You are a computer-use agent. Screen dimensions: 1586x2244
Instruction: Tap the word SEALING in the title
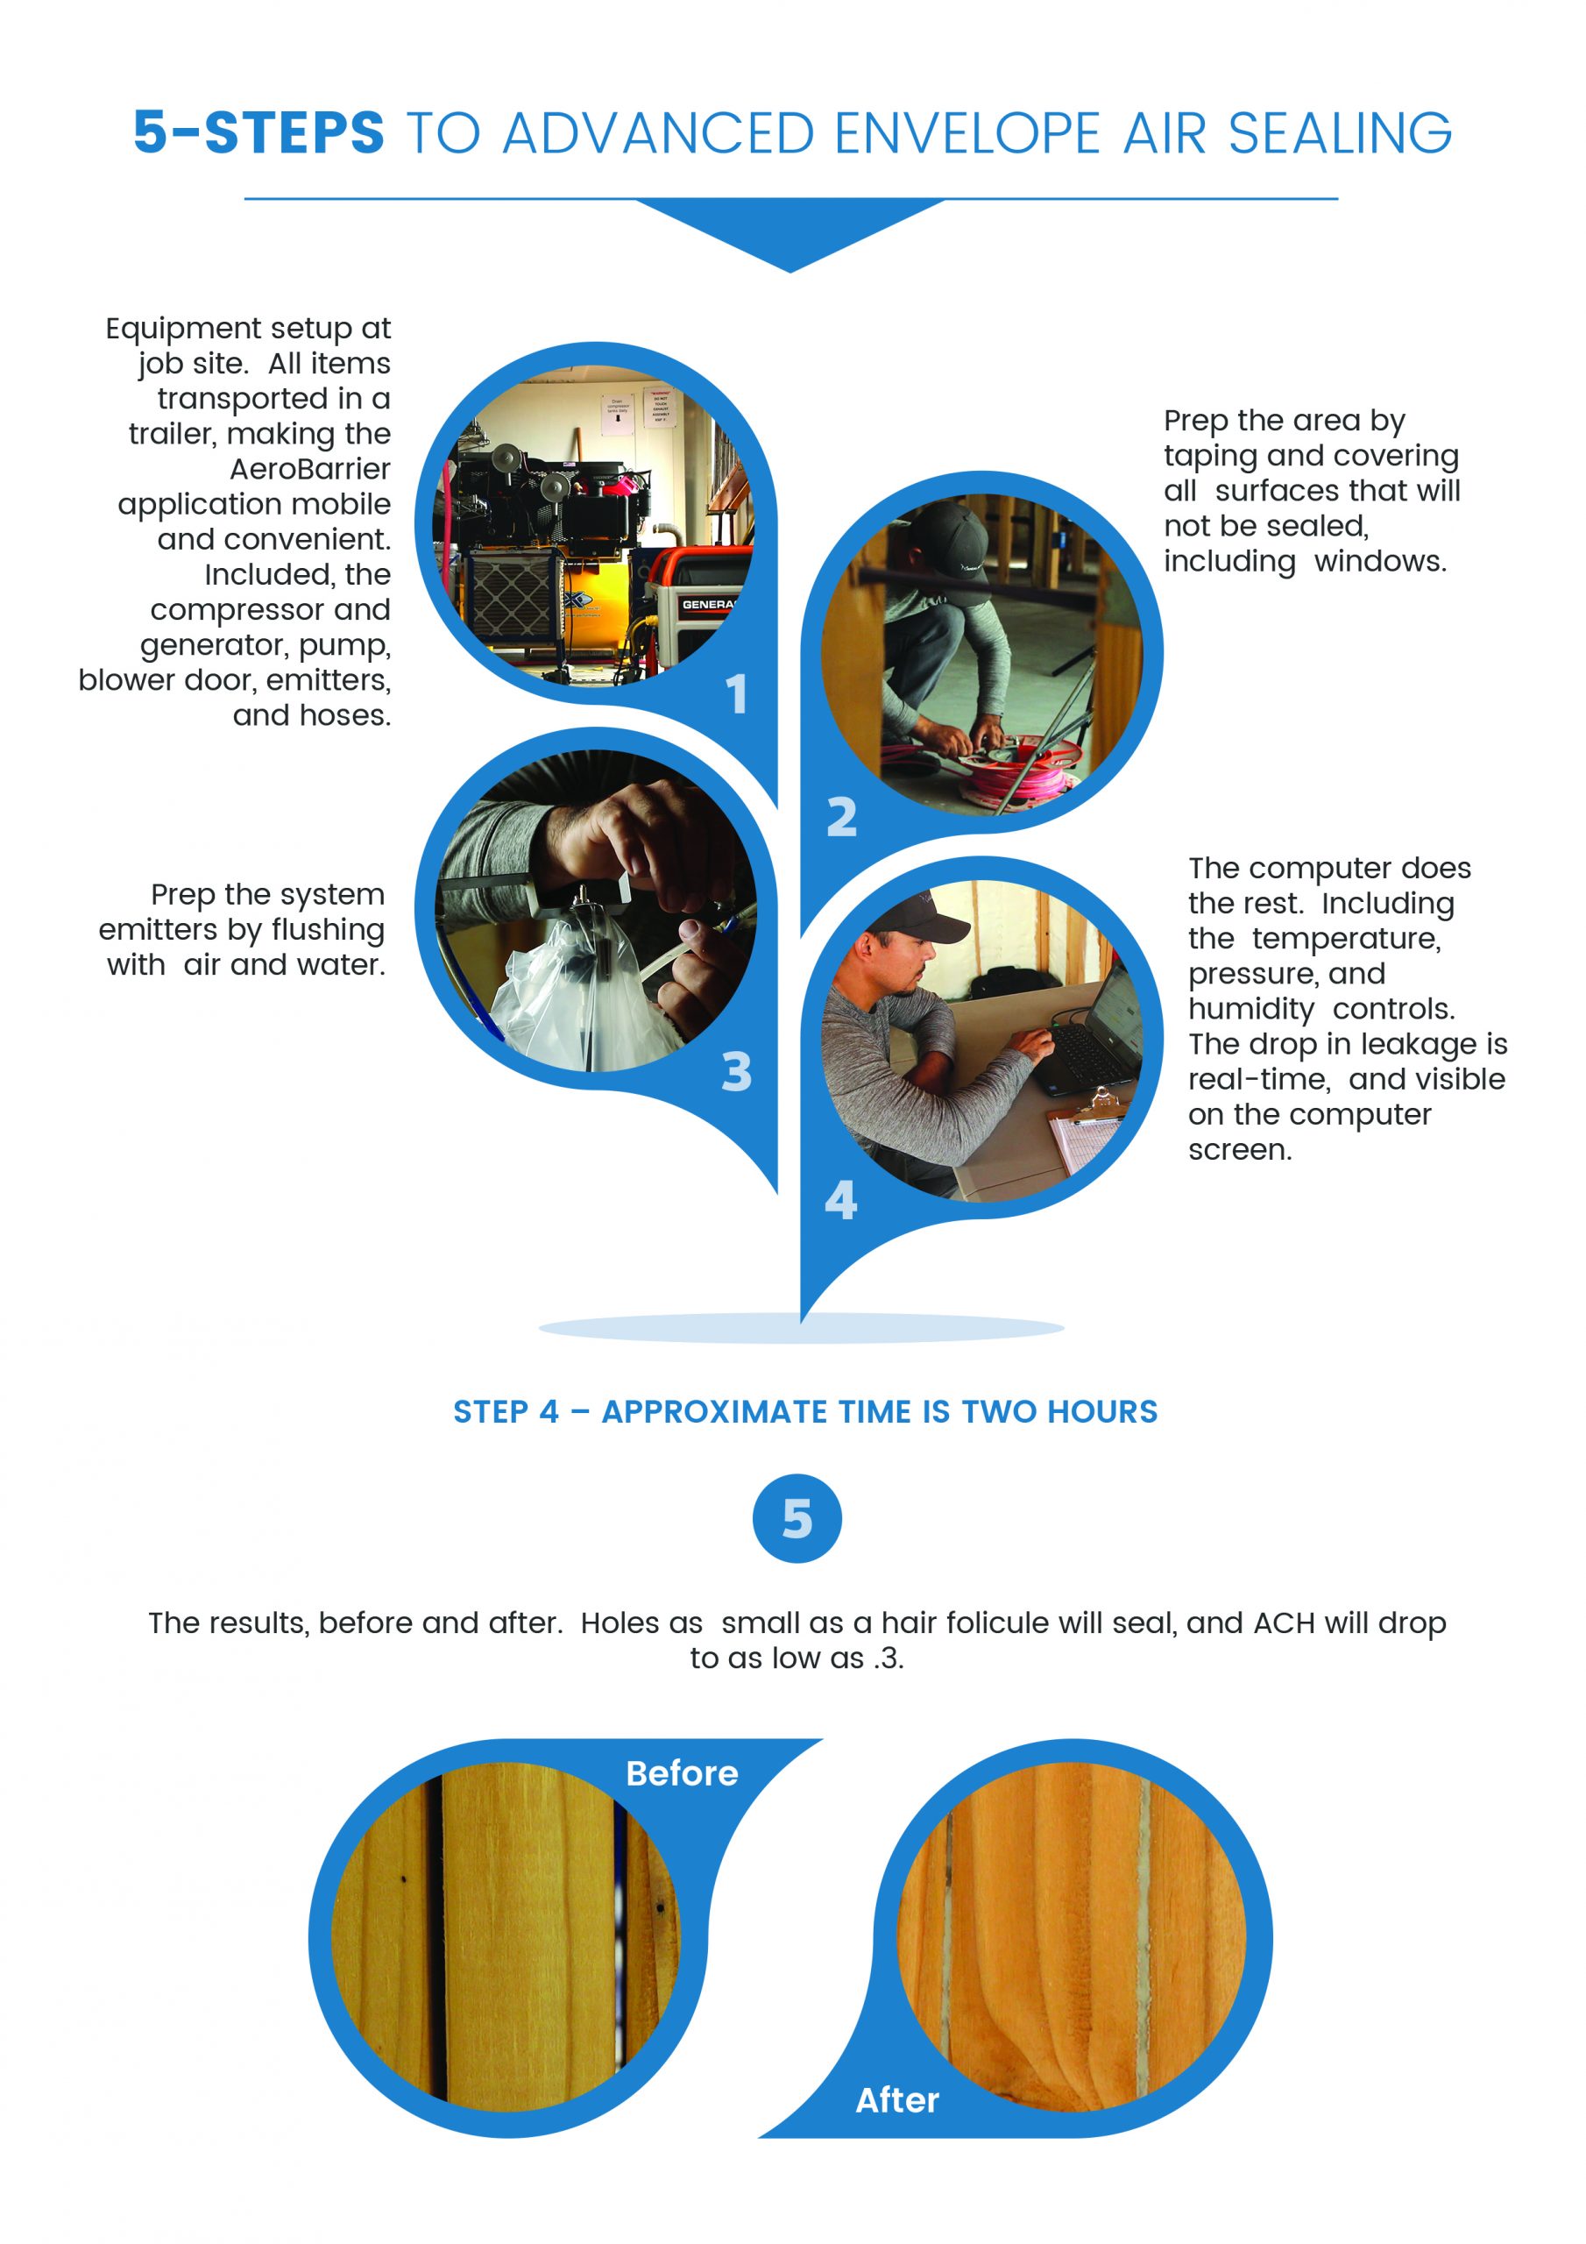(x=1340, y=133)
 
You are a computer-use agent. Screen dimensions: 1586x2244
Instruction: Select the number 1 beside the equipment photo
(x=738, y=694)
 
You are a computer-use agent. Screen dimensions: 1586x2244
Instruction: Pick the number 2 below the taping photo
(x=841, y=817)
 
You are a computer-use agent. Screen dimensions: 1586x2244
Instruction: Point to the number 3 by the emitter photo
(x=737, y=1071)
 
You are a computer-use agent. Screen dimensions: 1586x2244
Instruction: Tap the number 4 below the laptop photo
(x=840, y=1200)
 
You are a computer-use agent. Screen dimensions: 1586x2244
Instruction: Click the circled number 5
(x=797, y=1518)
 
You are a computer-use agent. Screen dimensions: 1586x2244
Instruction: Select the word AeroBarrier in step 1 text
(x=310, y=469)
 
